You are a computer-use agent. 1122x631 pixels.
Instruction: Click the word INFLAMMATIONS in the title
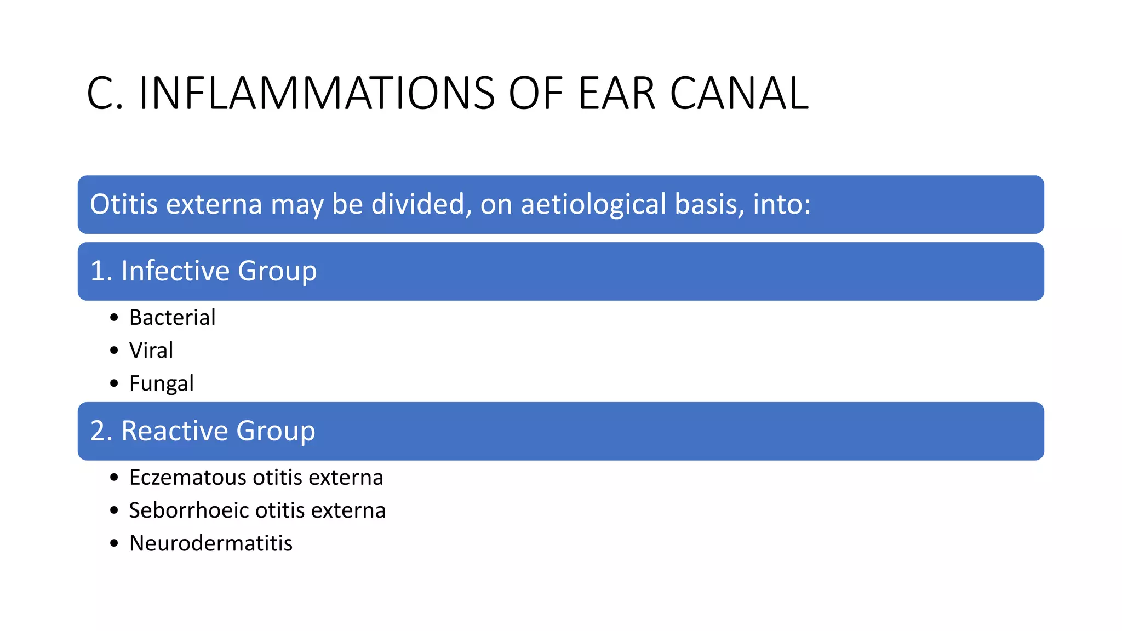coord(317,94)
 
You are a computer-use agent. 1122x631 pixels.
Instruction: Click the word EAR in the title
coord(616,94)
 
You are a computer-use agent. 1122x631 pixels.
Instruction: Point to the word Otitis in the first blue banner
coord(124,204)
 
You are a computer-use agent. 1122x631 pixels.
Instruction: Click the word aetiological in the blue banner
coord(593,205)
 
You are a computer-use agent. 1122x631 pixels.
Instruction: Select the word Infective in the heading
coord(175,271)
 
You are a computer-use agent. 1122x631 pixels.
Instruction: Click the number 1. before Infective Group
coord(101,271)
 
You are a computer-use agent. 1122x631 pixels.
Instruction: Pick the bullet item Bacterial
coord(172,318)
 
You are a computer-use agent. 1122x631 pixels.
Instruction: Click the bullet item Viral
coord(151,351)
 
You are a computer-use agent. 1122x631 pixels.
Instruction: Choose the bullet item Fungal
coord(161,384)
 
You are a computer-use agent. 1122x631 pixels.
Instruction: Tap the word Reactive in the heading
coord(175,431)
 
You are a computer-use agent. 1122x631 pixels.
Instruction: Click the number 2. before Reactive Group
coord(101,431)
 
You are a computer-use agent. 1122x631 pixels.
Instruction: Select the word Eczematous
coord(188,478)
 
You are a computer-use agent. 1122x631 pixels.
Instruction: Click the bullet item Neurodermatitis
coord(211,543)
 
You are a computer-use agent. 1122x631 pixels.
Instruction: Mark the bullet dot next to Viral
coord(114,351)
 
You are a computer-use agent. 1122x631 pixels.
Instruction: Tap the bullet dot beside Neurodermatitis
coord(114,543)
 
